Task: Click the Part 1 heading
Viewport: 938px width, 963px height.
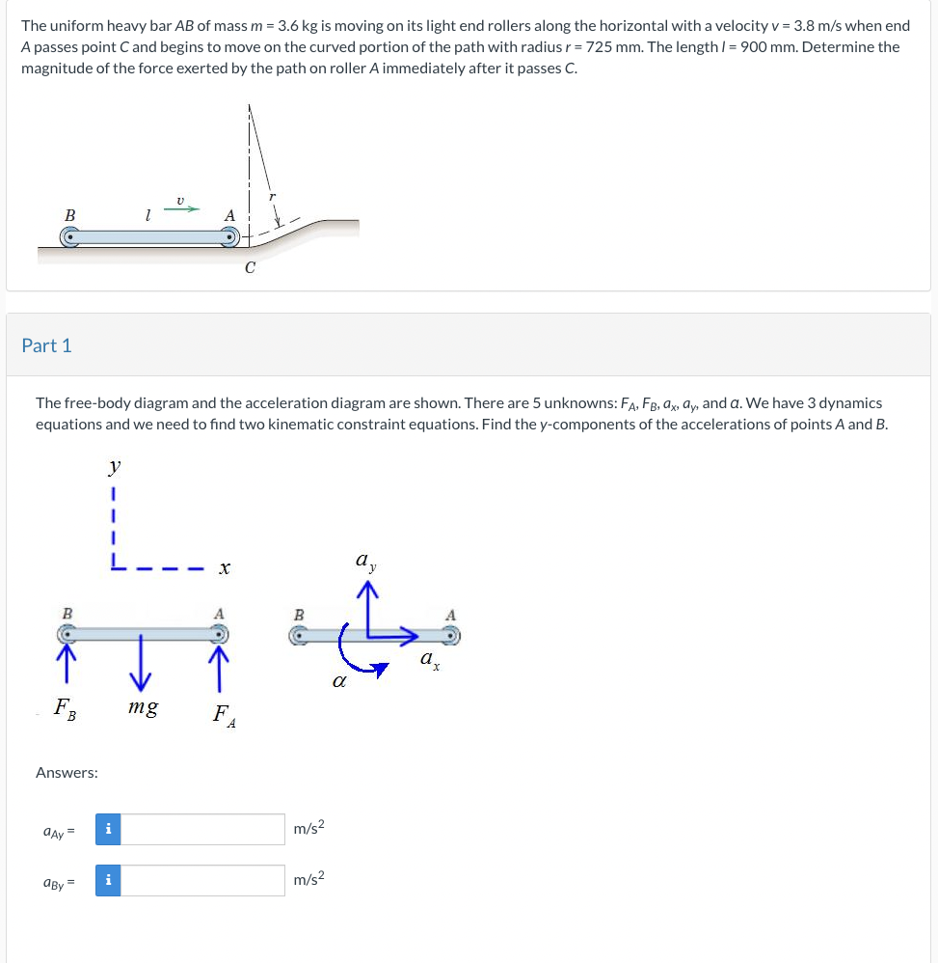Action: pos(46,345)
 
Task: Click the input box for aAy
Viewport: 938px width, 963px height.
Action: pos(202,829)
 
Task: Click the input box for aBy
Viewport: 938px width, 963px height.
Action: pos(202,880)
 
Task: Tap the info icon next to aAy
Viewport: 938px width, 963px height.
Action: pos(108,829)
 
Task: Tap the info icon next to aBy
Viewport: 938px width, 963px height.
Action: pos(108,880)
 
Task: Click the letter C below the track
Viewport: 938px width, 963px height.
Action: pos(250,268)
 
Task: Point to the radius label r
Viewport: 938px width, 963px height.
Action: pos(273,196)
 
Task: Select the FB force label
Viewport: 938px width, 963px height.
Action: pos(65,711)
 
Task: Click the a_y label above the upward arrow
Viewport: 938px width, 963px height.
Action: pos(364,561)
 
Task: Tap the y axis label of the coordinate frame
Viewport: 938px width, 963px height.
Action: pos(115,468)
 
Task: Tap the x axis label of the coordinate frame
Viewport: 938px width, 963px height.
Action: pos(223,570)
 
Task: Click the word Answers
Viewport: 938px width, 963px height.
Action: pos(67,772)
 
